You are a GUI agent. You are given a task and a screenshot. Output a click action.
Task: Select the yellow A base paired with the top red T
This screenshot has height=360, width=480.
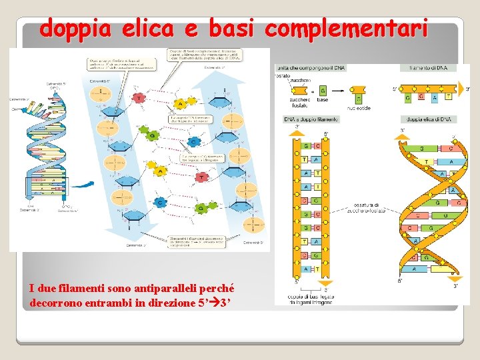tap(179, 103)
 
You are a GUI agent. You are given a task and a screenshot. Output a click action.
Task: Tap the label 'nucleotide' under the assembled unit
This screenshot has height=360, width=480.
tap(359, 108)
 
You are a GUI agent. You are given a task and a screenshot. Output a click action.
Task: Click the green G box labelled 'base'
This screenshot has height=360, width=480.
tap(323, 90)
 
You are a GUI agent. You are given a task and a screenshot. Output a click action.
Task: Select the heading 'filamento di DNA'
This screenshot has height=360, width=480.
tap(428, 68)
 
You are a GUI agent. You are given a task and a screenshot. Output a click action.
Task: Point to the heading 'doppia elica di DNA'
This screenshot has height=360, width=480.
tap(428, 119)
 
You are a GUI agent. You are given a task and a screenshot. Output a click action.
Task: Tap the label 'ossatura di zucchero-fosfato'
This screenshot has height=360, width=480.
tap(367, 209)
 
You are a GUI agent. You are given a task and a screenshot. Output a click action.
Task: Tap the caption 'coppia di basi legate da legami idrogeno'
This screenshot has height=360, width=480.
tap(310, 298)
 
